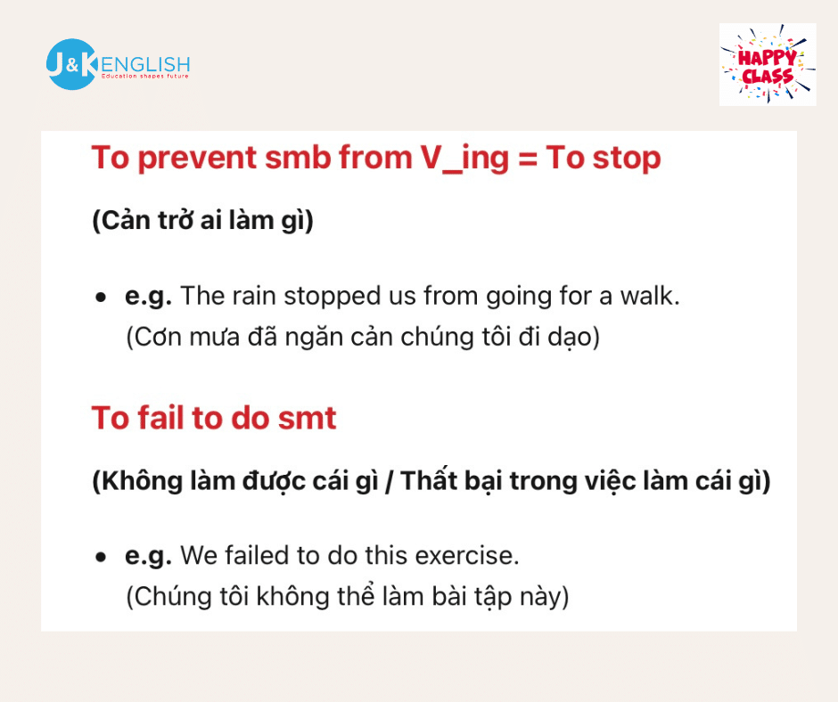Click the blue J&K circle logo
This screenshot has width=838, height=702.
71,64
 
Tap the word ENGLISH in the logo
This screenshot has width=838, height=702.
145,65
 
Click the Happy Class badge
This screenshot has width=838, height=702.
768,65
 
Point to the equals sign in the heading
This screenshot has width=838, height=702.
528,159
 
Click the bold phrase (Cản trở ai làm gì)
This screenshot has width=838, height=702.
203,220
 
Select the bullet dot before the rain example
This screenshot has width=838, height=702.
101,297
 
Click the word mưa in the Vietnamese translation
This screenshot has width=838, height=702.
214,338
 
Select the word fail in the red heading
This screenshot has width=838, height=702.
160,418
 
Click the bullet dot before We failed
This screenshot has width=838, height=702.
101,557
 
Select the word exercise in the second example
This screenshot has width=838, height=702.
467,556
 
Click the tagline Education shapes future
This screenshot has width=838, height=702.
144,77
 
